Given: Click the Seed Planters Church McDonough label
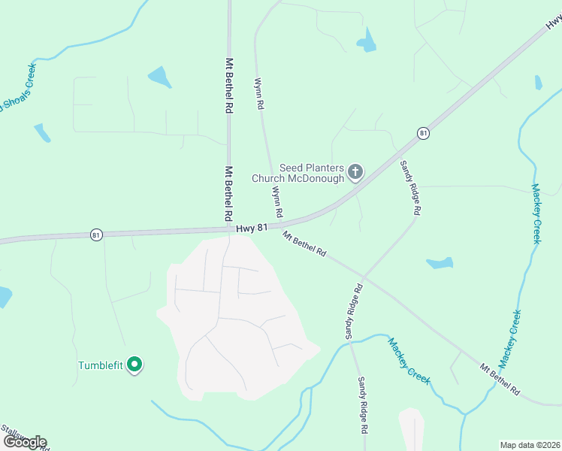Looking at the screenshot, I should [x=311, y=173].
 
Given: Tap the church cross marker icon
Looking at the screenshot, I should [x=355, y=173].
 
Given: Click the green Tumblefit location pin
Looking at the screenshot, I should [x=134, y=365].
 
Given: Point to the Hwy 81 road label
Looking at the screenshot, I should [x=252, y=227].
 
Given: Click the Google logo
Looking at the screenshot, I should [x=24, y=441].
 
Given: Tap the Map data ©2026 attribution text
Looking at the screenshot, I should [x=530, y=444].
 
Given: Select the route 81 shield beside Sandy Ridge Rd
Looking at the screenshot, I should [x=424, y=133].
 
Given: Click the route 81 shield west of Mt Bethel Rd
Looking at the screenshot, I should [x=95, y=235].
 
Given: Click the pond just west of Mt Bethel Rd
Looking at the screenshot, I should [x=160, y=76].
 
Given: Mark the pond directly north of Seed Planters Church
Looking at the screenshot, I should [x=367, y=41].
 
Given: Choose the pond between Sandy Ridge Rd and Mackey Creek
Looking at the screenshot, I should [x=440, y=263].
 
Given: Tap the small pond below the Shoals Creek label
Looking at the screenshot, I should [x=42, y=133].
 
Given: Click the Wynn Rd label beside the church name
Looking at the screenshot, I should [x=276, y=202].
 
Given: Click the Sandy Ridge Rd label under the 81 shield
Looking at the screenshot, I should [x=409, y=187].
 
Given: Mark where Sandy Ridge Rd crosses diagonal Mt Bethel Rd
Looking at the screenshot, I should [x=364, y=275].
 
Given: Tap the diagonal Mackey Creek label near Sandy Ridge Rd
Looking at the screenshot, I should [x=409, y=361].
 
